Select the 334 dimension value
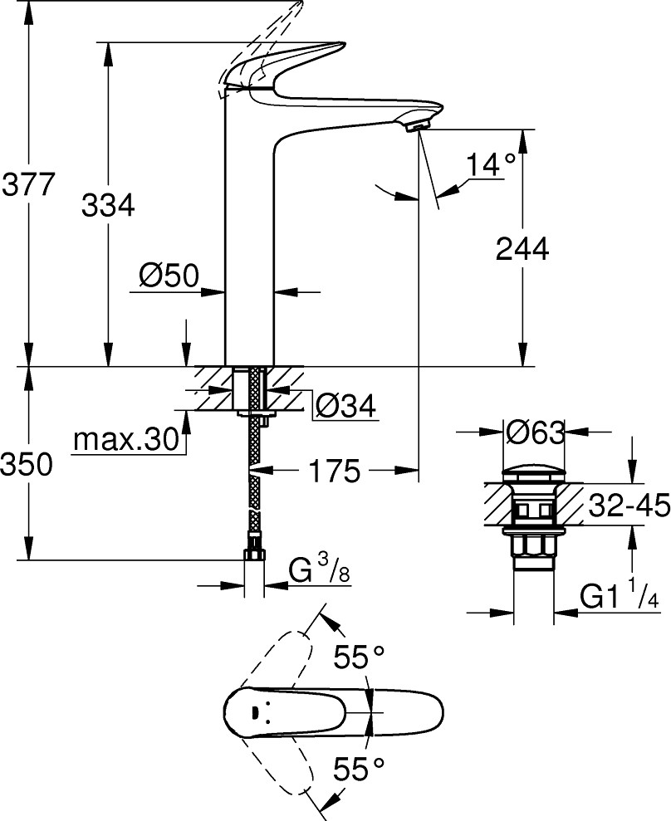[x=108, y=204]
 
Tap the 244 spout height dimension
[x=522, y=248]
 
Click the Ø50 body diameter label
[x=169, y=276]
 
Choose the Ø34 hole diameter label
[x=345, y=406]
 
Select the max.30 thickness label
[x=126, y=439]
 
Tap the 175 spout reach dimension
[x=334, y=472]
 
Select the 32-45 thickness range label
[x=629, y=504]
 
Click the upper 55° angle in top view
[x=359, y=658]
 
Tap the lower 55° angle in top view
[x=359, y=769]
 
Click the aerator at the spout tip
[x=414, y=125]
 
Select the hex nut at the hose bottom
[x=254, y=554]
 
